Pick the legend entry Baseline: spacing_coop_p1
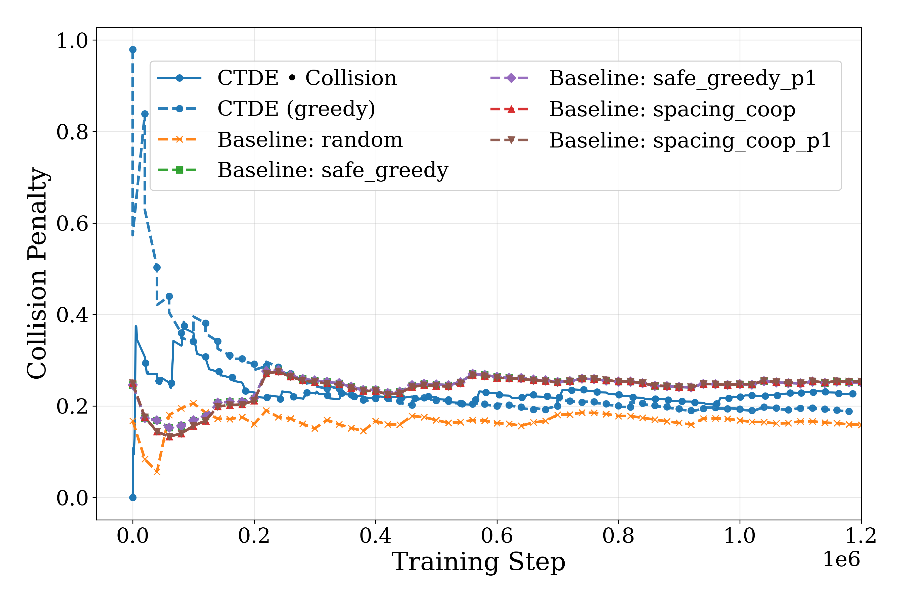[690, 140]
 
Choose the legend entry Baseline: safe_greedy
[333, 170]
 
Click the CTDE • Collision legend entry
[307, 78]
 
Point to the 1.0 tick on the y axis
[72, 40]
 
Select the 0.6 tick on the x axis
[497, 536]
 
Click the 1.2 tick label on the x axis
[860, 536]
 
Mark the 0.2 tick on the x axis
[254, 536]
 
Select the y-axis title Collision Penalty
[37, 273]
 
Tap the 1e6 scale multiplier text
[841, 559]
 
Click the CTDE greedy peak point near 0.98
[133, 49]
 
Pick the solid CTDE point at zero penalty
[133, 498]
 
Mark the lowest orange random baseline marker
[157, 472]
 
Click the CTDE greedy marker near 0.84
[145, 114]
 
